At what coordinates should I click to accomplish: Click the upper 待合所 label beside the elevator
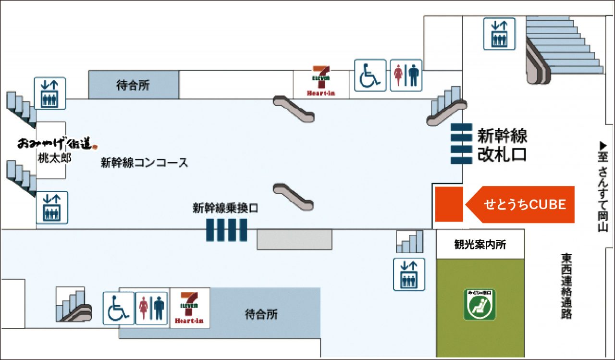[134, 85]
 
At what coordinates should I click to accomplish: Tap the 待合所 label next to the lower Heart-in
[262, 315]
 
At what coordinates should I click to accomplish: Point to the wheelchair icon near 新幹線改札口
[370, 75]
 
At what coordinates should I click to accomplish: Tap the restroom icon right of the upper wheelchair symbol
[406, 75]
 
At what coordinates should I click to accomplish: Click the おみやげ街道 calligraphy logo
[57, 143]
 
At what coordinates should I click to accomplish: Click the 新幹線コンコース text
[144, 162]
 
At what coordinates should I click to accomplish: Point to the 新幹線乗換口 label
[226, 208]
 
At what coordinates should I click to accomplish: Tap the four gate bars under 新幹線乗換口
[227, 230]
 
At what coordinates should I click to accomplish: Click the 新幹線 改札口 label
[502, 145]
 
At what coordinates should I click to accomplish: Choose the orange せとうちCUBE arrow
[521, 204]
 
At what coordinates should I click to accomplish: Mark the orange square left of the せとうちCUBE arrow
[449, 204]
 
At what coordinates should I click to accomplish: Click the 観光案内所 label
[480, 244]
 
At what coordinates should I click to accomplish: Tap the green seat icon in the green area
[480, 304]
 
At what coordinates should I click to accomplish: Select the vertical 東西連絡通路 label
[567, 286]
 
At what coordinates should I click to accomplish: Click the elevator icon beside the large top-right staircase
[499, 34]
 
